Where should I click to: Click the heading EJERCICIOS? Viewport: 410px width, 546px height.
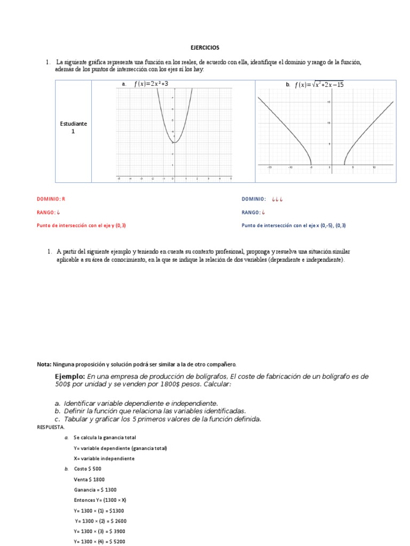[205, 47]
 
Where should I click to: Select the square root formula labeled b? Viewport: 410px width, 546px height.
[319, 84]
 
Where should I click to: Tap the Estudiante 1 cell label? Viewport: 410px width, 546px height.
[73, 127]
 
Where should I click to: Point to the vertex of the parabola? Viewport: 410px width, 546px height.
[174, 142]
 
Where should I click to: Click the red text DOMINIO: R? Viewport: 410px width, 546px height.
[51, 199]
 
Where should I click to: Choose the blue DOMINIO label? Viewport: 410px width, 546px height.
[254, 199]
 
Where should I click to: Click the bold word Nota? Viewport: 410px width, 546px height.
[44, 364]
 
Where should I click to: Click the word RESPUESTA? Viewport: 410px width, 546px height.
[51, 427]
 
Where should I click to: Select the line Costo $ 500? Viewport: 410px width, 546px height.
[87, 469]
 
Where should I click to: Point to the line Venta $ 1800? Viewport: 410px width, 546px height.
[89, 479]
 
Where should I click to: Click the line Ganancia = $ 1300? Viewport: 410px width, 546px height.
[95, 489]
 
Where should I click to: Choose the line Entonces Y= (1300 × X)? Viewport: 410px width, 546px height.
[100, 500]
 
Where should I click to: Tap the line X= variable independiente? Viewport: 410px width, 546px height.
[104, 459]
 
